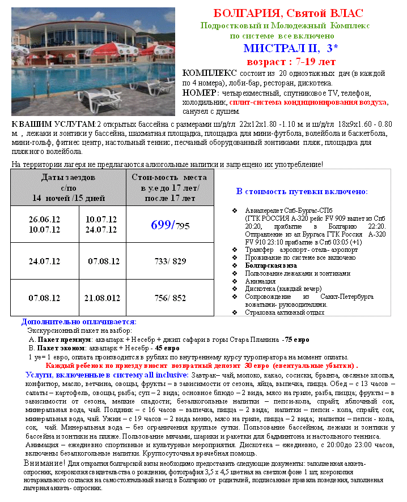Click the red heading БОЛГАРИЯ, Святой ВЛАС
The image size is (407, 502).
289,13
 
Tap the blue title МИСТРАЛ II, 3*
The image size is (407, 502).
288,48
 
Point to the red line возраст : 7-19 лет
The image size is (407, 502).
291,61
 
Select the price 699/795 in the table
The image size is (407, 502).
169,225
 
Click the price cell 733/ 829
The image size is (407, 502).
169,261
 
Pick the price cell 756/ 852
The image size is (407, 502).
169,298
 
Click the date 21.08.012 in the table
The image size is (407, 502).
103,298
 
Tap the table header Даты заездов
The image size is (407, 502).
68,178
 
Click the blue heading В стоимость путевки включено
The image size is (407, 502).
302,191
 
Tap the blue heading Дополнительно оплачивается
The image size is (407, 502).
79,322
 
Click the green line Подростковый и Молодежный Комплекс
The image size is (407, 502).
285,25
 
